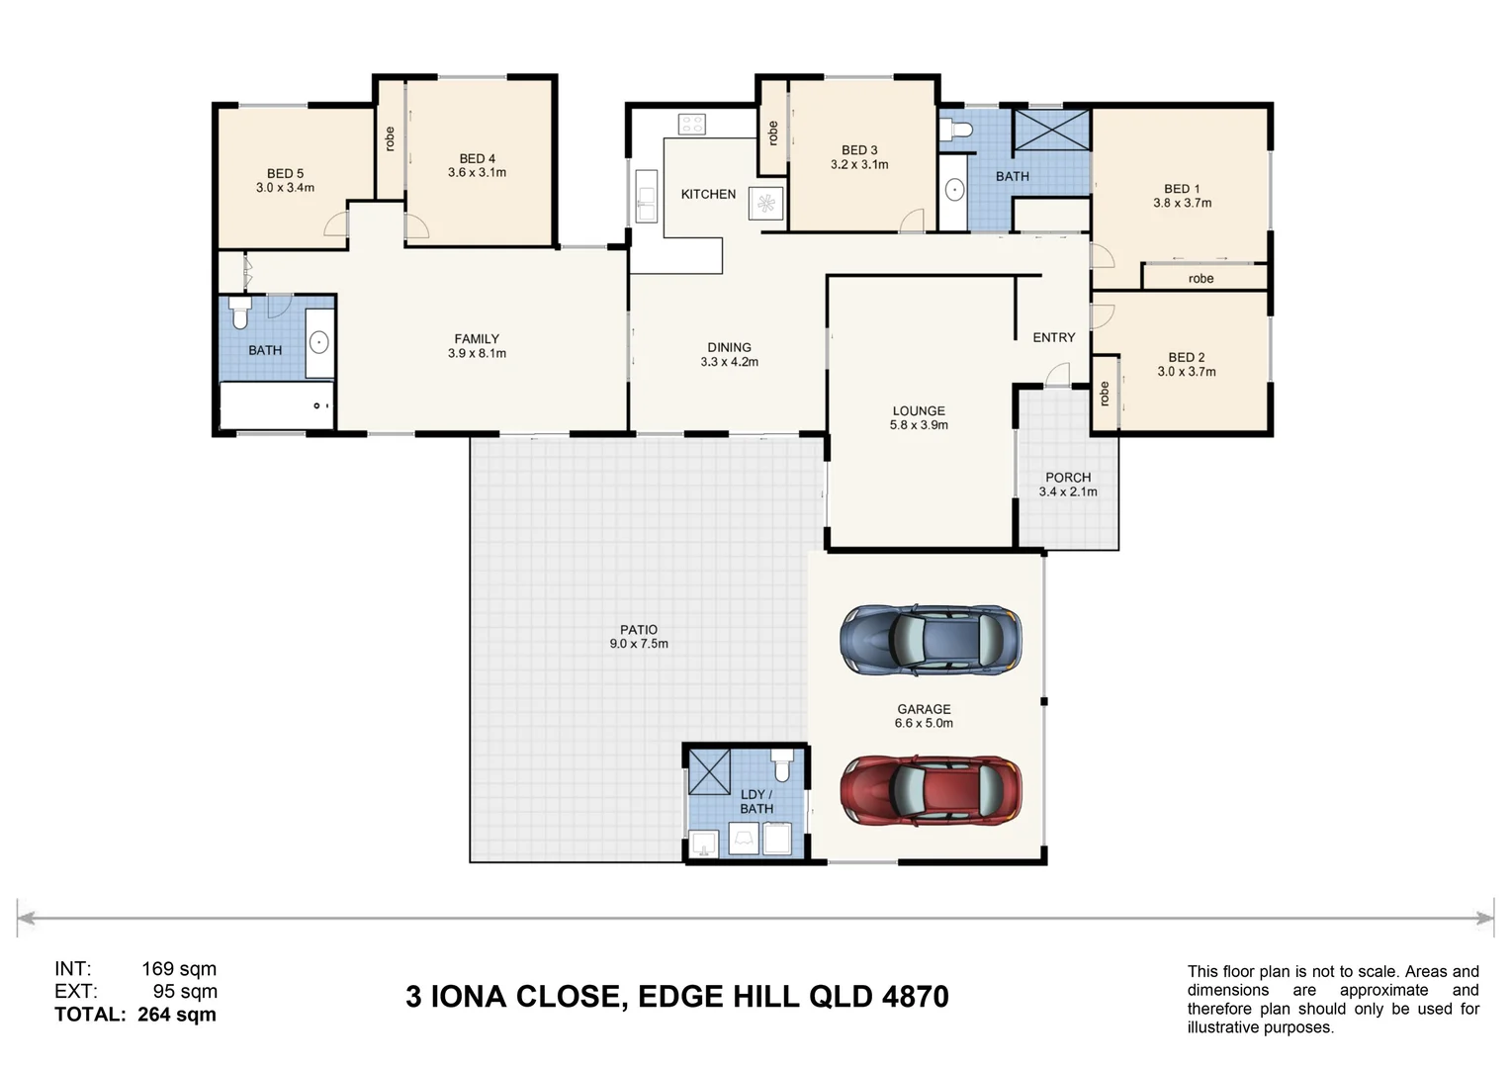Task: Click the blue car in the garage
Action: [x=931, y=639]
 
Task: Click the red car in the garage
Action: [x=931, y=790]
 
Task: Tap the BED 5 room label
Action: [x=286, y=173]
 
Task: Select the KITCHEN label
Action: [x=708, y=194]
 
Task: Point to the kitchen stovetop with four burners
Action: [x=691, y=125]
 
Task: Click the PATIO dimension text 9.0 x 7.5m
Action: [x=639, y=644]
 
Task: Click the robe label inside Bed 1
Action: [x=1200, y=279]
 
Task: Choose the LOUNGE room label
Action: [x=919, y=410]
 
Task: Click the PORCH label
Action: [x=1068, y=478]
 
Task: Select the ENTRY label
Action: [x=1054, y=337]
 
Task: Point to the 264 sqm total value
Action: [x=177, y=1015]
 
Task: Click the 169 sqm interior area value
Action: [x=179, y=969]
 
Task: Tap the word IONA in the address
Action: [x=468, y=997]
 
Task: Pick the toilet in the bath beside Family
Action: [x=239, y=312]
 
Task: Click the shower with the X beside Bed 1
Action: [x=1051, y=130]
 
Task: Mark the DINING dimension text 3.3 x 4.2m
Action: [x=729, y=362]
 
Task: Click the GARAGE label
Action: [x=924, y=709]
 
